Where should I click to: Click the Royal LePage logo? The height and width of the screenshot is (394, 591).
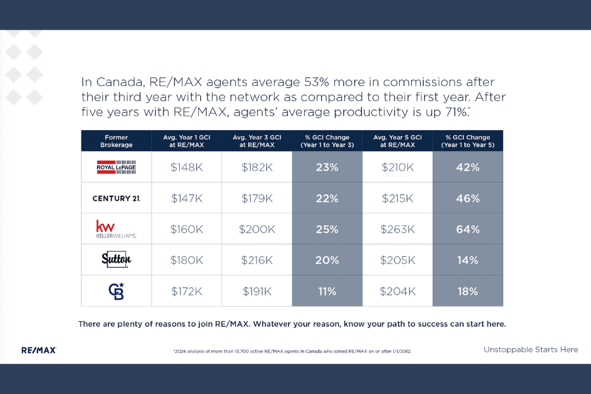[116, 167]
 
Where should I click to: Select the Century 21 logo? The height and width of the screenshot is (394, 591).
[116, 198]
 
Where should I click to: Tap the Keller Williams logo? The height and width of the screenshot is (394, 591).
[116, 229]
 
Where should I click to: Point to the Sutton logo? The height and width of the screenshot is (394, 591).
[116, 259]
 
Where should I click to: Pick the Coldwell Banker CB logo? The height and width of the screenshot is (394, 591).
[116, 290]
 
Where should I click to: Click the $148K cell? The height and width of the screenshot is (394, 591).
[186, 167]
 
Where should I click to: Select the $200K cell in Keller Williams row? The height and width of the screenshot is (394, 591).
[257, 229]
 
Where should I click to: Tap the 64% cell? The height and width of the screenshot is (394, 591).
[468, 229]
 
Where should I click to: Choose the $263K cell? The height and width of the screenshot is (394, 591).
[397, 229]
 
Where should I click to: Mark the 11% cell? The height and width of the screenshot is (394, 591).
[327, 291]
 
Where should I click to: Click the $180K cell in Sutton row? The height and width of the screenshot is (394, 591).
[186, 260]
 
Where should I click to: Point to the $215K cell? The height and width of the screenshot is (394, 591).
[397, 198]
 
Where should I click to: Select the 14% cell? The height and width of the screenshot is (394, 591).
[468, 260]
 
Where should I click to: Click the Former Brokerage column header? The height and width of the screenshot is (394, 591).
[116, 141]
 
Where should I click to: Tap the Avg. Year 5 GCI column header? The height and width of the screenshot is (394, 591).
[397, 141]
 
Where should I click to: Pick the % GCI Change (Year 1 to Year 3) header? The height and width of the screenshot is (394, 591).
[327, 141]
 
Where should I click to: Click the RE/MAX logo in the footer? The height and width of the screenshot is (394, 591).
[39, 350]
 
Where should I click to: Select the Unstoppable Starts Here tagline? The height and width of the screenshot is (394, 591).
[531, 349]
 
